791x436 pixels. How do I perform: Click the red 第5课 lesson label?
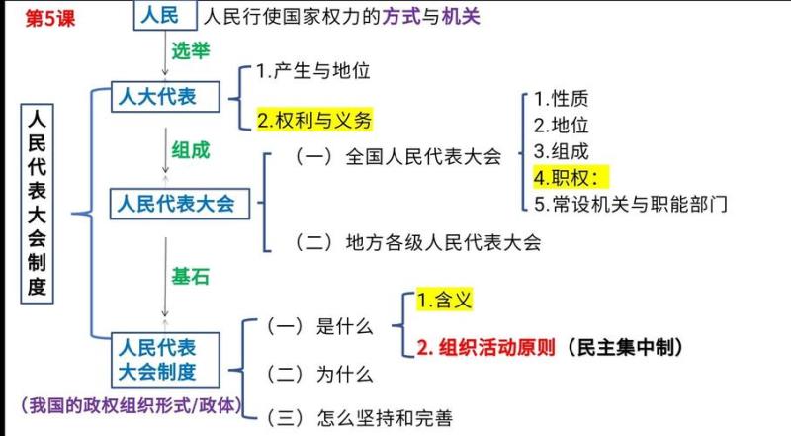click(x=50, y=19)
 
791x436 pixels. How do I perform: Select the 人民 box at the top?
click(x=165, y=15)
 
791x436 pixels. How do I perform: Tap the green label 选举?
click(x=190, y=51)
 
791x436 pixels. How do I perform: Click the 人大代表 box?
click(x=165, y=96)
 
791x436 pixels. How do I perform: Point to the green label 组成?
click(x=190, y=150)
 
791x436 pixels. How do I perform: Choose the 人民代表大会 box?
click(x=180, y=204)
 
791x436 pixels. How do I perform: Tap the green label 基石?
click(x=190, y=277)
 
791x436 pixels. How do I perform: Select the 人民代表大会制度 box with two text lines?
click(x=165, y=360)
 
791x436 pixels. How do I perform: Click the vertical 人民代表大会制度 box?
click(x=37, y=204)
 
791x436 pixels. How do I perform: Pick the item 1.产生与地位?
click(x=313, y=71)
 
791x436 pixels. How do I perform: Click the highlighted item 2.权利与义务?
click(x=314, y=120)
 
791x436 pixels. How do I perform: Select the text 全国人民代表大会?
click(x=424, y=156)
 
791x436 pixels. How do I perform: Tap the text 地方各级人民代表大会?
click(x=443, y=243)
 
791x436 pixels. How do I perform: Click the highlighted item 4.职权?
click(x=571, y=177)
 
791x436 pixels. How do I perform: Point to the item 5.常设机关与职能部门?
click(x=631, y=204)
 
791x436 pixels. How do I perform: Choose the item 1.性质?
click(x=561, y=99)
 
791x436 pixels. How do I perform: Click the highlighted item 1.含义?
click(x=444, y=301)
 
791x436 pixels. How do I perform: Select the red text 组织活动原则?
click(x=497, y=347)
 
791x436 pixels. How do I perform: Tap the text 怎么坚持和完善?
click(x=385, y=418)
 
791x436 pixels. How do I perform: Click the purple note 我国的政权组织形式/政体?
click(x=132, y=405)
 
